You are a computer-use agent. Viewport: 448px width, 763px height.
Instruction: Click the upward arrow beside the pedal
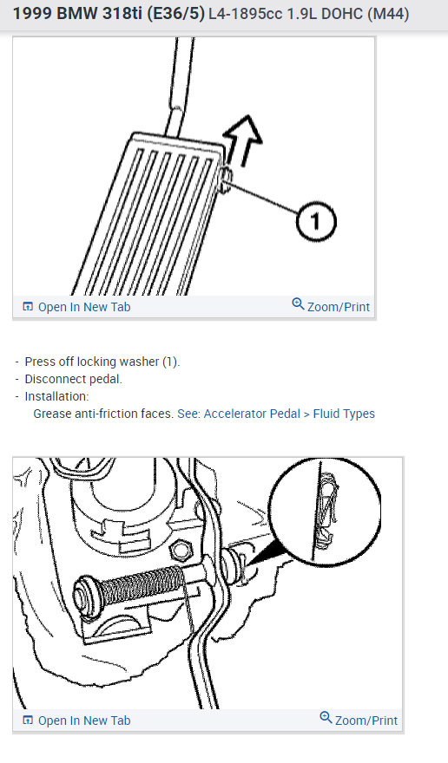click(x=244, y=139)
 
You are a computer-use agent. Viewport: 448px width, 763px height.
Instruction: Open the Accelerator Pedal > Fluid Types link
click(x=276, y=414)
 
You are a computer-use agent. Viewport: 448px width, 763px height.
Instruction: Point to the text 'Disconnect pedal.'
click(x=73, y=379)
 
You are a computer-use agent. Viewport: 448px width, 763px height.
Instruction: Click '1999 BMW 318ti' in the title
click(x=73, y=15)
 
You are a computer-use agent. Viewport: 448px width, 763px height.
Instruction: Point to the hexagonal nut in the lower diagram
click(x=181, y=549)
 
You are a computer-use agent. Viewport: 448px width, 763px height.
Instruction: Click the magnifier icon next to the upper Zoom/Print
click(x=298, y=304)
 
